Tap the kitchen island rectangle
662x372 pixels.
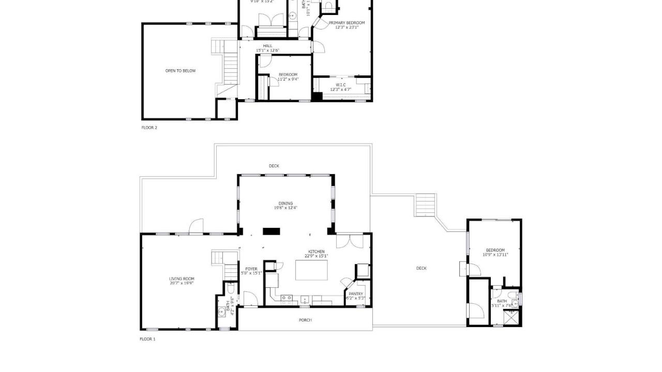[x=311, y=270]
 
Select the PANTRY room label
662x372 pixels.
[x=356, y=294]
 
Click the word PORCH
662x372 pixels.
[x=305, y=320]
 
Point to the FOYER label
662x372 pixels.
[x=251, y=269]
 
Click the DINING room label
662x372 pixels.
[x=285, y=204]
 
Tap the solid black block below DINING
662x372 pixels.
[x=271, y=231]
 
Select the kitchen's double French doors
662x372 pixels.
[x=347, y=241]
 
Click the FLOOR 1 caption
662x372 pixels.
[x=147, y=339]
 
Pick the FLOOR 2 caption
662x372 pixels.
[x=149, y=128]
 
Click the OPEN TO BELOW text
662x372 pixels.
[x=180, y=71]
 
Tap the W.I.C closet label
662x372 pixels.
[x=340, y=85]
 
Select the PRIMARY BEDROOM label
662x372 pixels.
[x=347, y=23]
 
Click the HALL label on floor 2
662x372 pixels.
[x=267, y=46]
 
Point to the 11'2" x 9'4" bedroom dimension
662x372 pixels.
[x=288, y=80]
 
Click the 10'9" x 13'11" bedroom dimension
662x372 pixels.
[x=495, y=255]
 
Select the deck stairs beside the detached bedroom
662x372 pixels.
[x=426, y=205]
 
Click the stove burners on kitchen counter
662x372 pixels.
[x=286, y=298]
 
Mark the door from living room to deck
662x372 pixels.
[x=197, y=227]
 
